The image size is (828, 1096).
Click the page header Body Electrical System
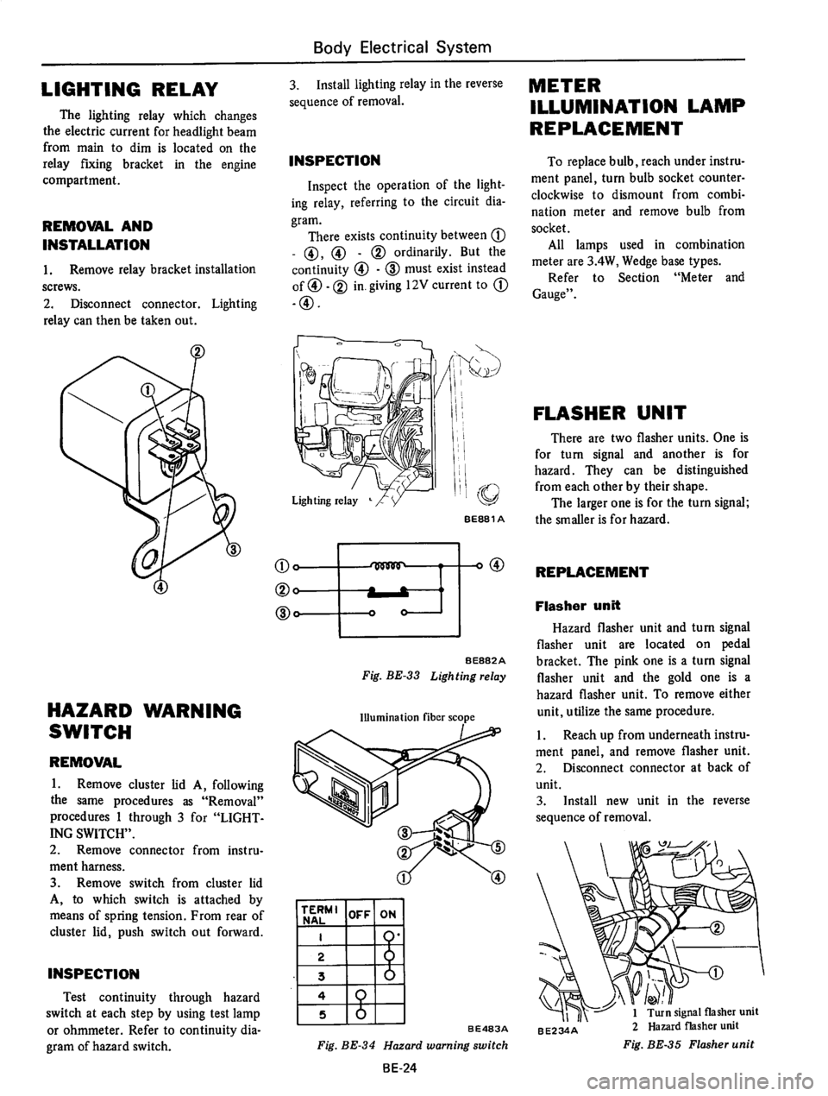[x=413, y=27]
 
